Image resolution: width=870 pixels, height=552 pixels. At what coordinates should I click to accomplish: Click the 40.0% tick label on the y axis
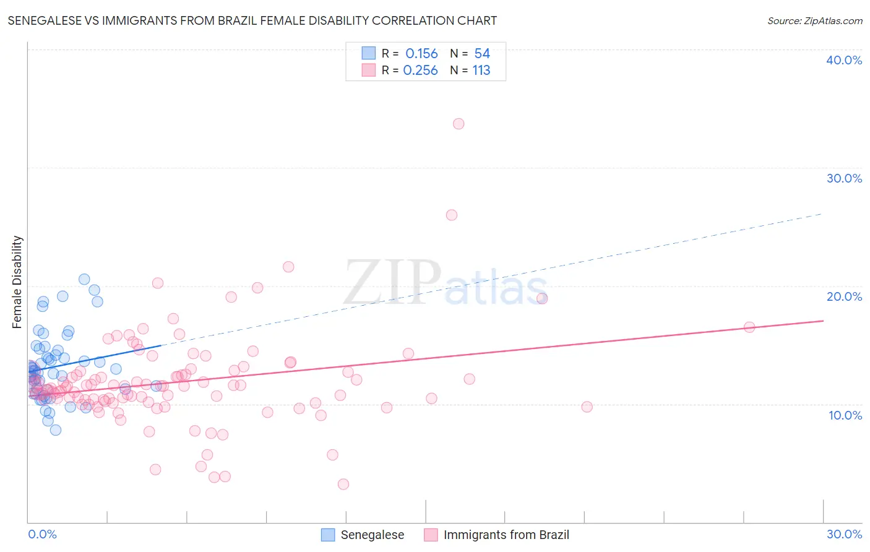844,60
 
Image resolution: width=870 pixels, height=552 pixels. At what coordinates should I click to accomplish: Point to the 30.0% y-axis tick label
844,178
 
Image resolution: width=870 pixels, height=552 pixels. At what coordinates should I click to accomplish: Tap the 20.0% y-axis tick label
844,296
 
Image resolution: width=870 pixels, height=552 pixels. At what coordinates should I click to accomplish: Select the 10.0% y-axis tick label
845,415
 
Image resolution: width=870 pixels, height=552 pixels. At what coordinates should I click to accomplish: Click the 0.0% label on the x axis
42,534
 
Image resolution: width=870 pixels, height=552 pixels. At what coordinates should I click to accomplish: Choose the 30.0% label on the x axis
844,534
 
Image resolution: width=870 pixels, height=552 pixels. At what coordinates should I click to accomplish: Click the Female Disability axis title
17,282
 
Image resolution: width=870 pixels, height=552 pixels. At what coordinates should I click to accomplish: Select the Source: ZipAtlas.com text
814,21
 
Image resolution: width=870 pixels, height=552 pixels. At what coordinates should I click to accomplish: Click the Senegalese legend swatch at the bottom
328,535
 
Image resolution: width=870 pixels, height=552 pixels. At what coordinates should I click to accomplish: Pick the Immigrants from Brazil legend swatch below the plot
431,535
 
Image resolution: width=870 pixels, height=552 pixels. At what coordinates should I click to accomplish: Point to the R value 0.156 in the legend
421,54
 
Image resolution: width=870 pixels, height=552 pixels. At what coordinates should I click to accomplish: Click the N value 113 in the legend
481,71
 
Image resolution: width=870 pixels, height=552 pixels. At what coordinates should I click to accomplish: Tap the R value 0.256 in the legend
420,71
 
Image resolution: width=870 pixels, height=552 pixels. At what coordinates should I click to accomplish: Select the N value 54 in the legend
482,54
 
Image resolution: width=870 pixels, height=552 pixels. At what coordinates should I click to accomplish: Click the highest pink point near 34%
459,124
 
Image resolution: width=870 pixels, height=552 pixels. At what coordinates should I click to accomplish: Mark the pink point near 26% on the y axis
452,215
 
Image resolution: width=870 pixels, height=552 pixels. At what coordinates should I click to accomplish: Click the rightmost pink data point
749,327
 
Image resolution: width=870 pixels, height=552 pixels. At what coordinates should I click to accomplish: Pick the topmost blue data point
84,279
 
